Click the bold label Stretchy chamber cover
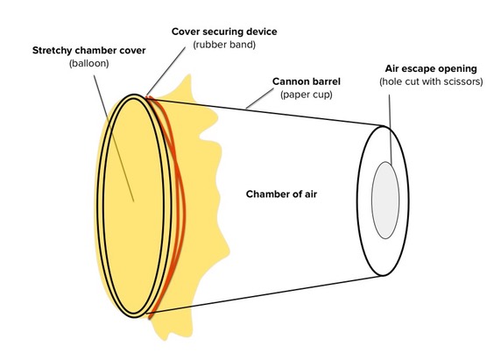pyautogui.click(x=88, y=51)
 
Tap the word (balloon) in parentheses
pyautogui.click(x=88, y=63)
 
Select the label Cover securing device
pyautogui.click(x=224, y=32)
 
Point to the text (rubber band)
pyautogui.click(x=224, y=45)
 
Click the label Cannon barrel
pyautogui.click(x=307, y=81)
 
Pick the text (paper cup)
pyautogui.click(x=307, y=95)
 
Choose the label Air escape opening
pyautogui.click(x=431, y=68)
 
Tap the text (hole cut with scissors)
pyautogui.click(x=431, y=81)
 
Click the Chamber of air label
pyautogui.click(x=281, y=194)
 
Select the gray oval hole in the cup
pyautogui.click(x=385, y=200)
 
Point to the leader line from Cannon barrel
pyautogui.click(x=259, y=99)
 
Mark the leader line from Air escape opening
pyautogui.click(x=390, y=129)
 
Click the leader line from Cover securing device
pyautogui.click(x=166, y=72)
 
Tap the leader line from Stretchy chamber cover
pyautogui.click(x=114, y=138)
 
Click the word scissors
pyautogui.click(x=464, y=81)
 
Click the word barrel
pyautogui.click(x=326, y=81)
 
